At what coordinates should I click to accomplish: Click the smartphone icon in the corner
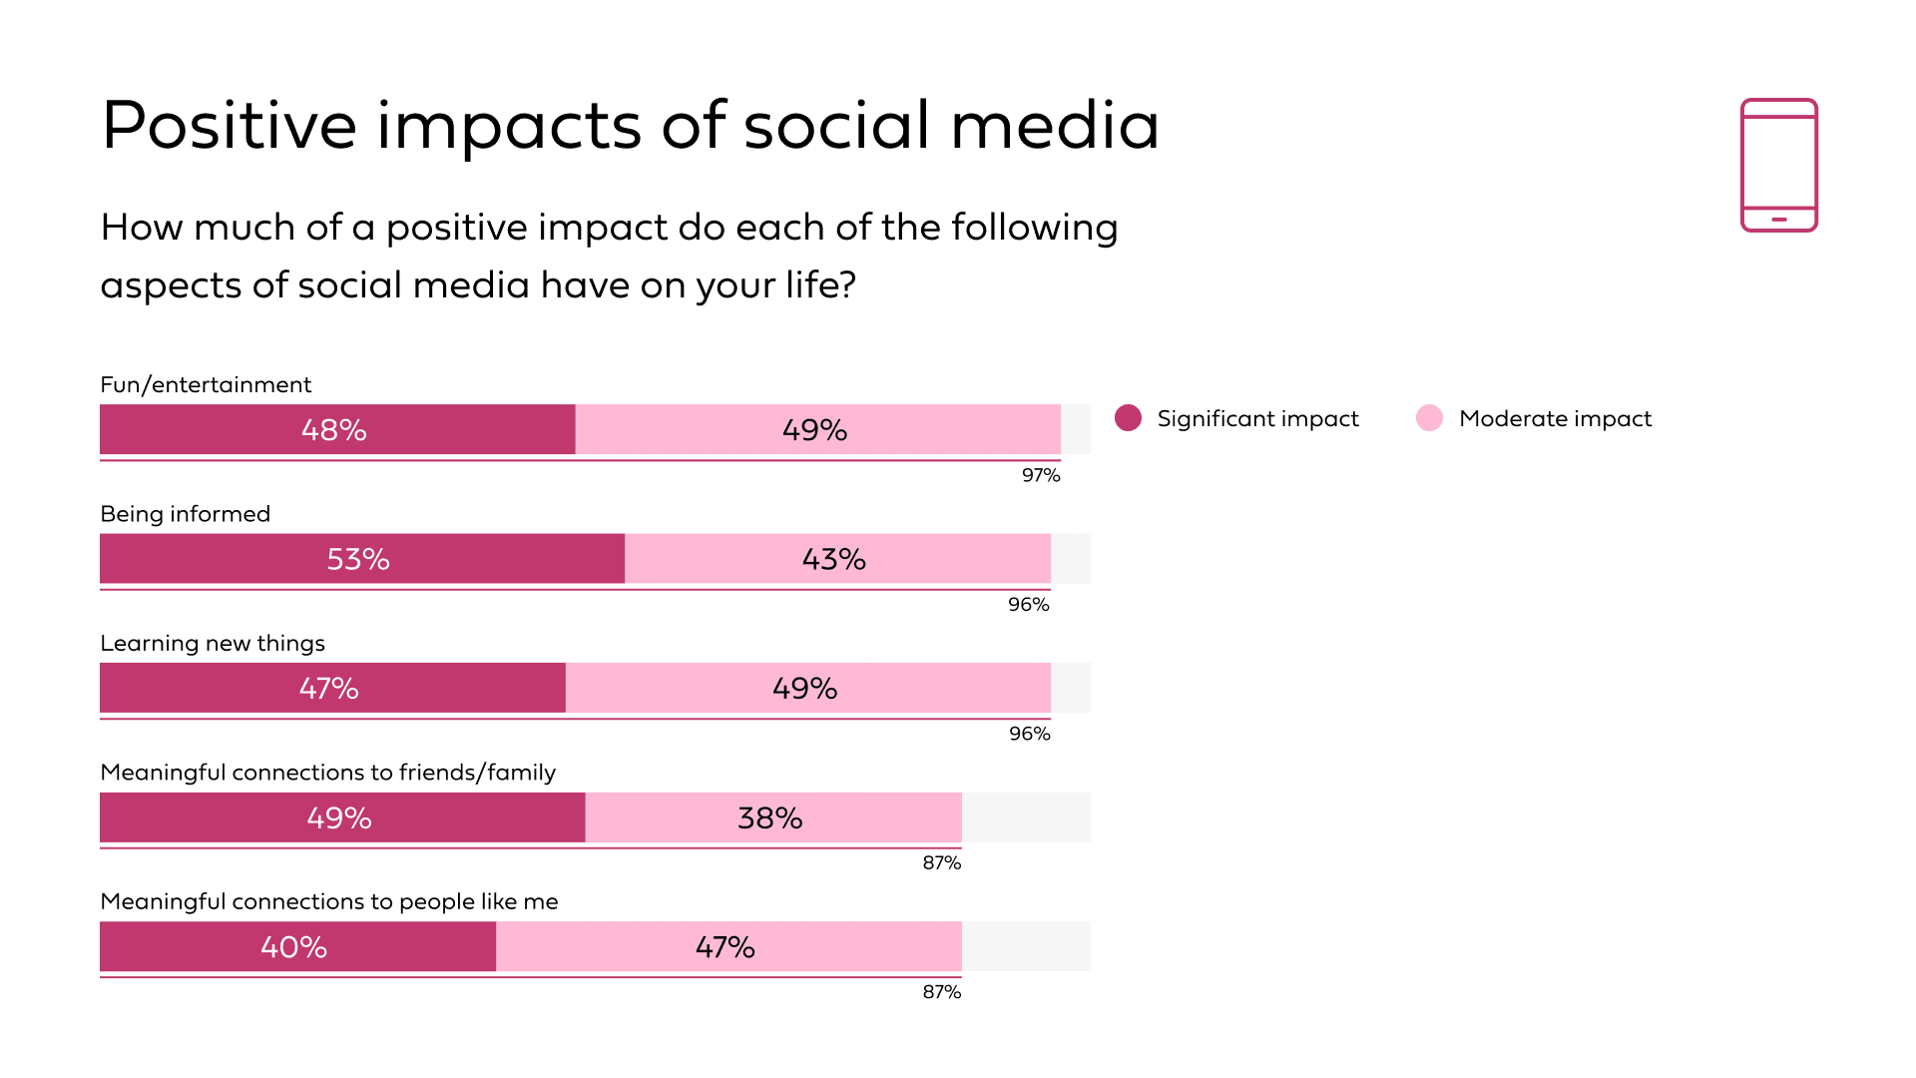click(1778, 165)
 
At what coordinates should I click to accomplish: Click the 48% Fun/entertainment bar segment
click(337, 429)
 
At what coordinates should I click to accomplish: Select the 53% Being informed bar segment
click(361, 558)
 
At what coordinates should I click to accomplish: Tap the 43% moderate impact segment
click(837, 558)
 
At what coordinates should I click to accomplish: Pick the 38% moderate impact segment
click(772, 817)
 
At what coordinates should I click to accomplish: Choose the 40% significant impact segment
click(297, 946)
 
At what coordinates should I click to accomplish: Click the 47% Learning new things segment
click(332, 688)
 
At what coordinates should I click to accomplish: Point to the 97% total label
click(1041, 475)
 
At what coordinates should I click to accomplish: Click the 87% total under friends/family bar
click(941, 862)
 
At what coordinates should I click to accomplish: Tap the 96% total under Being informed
click(1028, 604)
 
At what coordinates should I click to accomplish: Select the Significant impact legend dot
click(1128, 418)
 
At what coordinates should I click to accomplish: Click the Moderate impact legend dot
click(1429, 418)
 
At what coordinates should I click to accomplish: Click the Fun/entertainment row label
click(206, 384)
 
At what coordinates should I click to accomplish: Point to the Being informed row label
click(185, 514)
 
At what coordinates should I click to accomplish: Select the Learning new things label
click(213, 643)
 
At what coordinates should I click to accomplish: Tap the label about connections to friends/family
click(327, 773)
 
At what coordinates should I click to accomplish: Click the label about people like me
click(328, 901)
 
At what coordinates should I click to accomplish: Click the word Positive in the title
click(229, 126)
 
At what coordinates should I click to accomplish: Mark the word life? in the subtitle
click(820, 285)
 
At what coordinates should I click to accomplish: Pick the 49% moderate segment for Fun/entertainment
click(817, 429)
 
